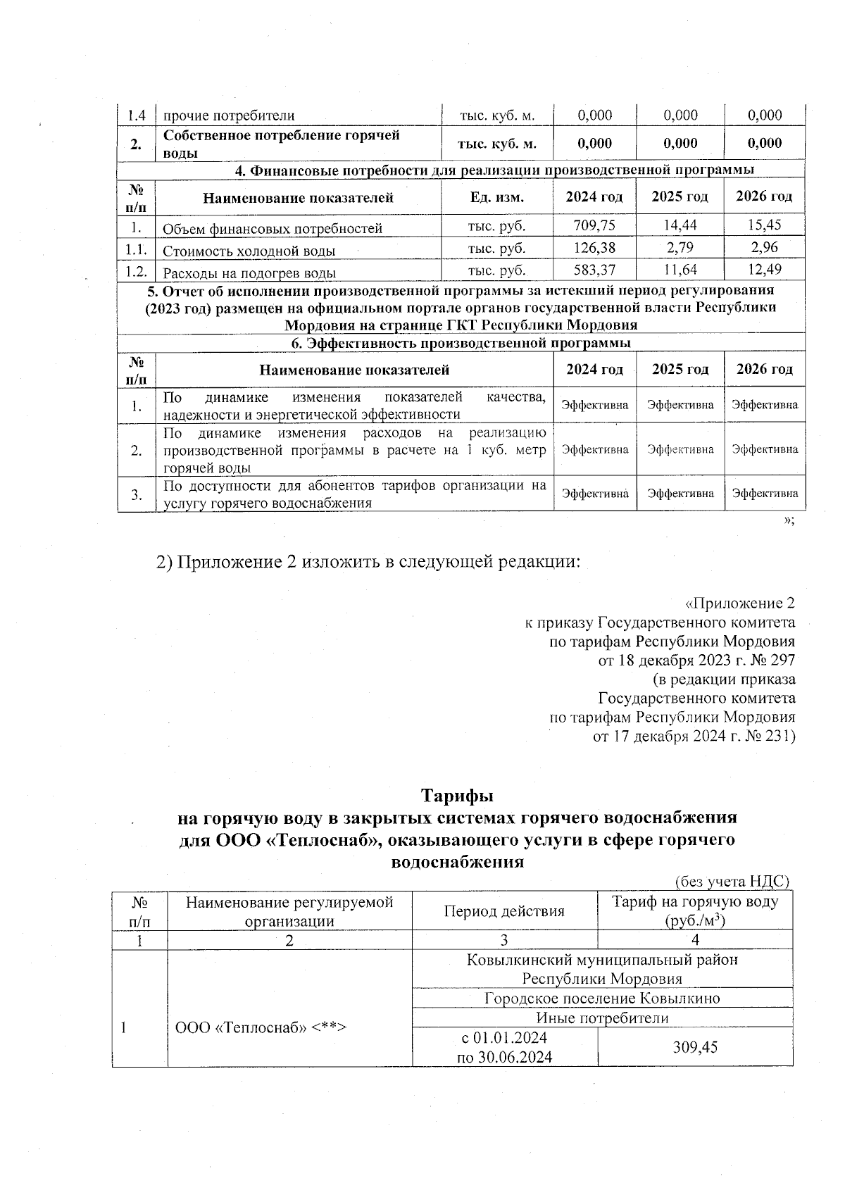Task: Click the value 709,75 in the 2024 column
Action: (594, 225)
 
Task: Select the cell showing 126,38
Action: (594, 248)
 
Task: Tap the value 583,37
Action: (594, 270)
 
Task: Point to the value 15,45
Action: (765, 225)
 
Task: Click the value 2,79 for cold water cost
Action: (680, 248)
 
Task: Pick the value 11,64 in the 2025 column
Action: (680, 270)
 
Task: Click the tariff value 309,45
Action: (694, 1047)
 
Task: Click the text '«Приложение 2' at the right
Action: (740, 603)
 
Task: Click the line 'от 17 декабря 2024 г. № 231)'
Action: (694, 737)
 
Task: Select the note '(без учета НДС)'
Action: (732, 881)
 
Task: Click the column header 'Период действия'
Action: (504, 911)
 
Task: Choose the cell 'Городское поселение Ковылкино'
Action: (602, 999)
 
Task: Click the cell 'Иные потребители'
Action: (602, 1018)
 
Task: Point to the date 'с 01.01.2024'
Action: (504, 1038)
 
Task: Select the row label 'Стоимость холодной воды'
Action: (249, 251)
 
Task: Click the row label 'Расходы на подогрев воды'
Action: (249, 273)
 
